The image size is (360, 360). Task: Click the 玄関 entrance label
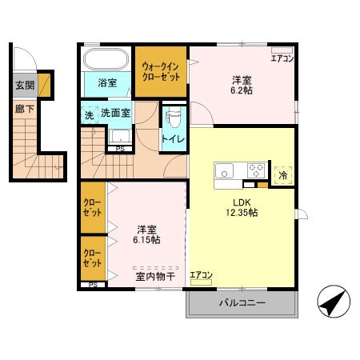coord(24,86)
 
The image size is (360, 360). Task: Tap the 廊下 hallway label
coord(23,106)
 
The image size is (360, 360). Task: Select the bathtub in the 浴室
coord(106,60)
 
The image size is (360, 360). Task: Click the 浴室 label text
coord(107,82)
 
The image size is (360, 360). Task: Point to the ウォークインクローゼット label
coord(160,71)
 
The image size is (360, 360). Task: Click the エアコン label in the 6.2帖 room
coord(282,58)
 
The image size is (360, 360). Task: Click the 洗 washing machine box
coord(89,114)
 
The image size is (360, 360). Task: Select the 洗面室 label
coord(115,114)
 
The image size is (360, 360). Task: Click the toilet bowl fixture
coord(172,118)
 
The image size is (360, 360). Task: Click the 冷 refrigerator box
coord(282,174)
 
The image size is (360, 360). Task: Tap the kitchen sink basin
coord(224,170)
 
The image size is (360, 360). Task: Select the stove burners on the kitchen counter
coord(257,170)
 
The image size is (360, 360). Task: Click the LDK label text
coord(242,201)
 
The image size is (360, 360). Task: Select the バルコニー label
coord(242,303)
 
